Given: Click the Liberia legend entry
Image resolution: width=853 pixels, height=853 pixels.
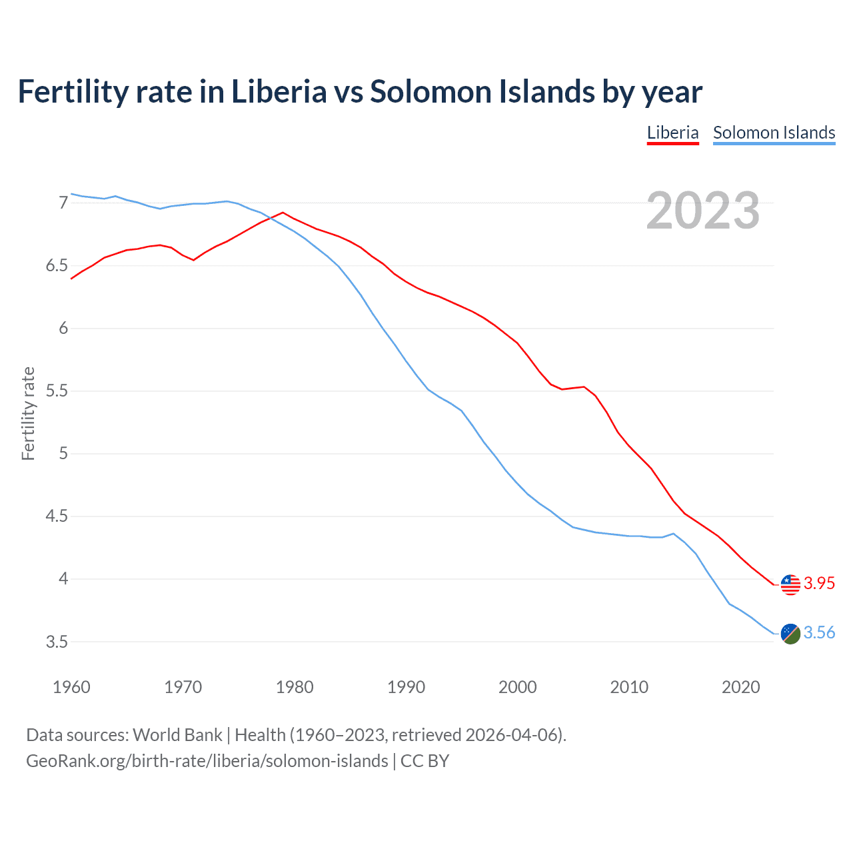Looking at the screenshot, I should [x=672, y=133].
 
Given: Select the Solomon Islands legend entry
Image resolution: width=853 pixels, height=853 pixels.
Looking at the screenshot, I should [x=774, y=133].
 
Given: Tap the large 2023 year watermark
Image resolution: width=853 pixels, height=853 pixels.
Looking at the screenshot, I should [x=702, y=211].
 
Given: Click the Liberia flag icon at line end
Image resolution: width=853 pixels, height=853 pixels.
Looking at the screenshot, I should [x=790, y=584].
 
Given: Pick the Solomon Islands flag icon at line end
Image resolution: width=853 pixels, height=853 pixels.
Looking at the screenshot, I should [x=790, y=634].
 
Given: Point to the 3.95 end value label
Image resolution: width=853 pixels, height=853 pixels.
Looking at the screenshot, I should [x=819, y=583].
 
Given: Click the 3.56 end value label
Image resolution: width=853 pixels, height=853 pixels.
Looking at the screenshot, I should [x=819, y=632].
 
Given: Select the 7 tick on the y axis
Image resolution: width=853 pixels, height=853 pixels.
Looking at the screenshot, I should [x=63, y=203].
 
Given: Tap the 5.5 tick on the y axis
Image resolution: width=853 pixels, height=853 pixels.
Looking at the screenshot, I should [x=57, y=391].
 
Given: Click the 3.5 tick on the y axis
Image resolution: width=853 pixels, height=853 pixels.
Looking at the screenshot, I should [x=57, y=642].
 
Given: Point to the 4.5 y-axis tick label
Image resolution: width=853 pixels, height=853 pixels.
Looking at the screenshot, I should [x=57, y=516].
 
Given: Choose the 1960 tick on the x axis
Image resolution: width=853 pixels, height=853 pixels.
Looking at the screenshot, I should [x=71, y=687].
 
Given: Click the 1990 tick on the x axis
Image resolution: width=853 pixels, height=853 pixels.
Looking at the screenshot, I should [x=406, y=687].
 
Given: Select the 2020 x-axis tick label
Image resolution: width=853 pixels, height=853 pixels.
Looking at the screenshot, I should [x=740, y=687].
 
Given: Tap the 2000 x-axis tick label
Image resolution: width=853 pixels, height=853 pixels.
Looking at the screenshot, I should [x=517, y=687].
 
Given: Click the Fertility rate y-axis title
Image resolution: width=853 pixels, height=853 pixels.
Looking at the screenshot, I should [x=28, y=413].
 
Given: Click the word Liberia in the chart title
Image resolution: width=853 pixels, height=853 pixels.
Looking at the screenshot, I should [x=279, y=91].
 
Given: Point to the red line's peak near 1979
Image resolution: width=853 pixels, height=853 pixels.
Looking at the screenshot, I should [x=283, y=213].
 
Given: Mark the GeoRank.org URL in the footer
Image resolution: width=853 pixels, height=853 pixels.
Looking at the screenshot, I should [x=207, y=760].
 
